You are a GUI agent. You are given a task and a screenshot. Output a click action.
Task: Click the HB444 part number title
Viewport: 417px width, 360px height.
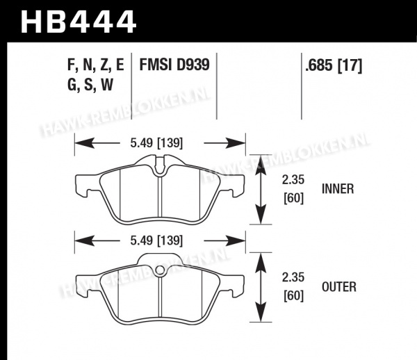coord(79,22)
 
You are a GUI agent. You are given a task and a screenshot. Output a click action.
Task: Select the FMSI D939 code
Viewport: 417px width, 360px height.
coord(174,65)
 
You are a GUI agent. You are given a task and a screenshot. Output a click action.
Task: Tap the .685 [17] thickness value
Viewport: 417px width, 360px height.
coord(334,65)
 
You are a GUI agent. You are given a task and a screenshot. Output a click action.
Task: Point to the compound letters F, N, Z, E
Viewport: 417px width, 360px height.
coord(96,65)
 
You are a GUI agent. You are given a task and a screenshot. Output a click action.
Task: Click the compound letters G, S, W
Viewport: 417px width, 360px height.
coord(90,85)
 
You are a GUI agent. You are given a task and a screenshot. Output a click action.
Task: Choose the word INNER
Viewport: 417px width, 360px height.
coord(338,189)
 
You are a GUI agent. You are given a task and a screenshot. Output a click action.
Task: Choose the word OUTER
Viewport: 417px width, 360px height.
coord(339,287)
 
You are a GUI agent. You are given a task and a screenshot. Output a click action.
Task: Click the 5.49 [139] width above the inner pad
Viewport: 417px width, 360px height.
coord(156,143)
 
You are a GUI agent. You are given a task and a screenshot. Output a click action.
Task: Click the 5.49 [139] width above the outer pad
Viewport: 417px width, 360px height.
coord(156,240)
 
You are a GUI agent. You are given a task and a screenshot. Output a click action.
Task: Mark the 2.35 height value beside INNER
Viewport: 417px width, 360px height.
coord(293,180)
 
